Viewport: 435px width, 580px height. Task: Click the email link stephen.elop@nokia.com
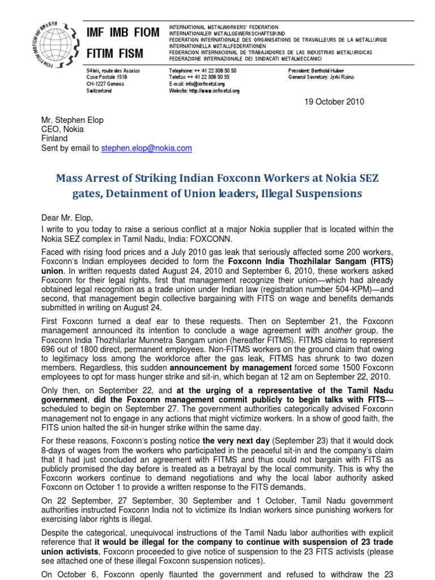point(147,148)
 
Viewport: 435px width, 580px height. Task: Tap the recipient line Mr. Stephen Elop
point(72,121)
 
